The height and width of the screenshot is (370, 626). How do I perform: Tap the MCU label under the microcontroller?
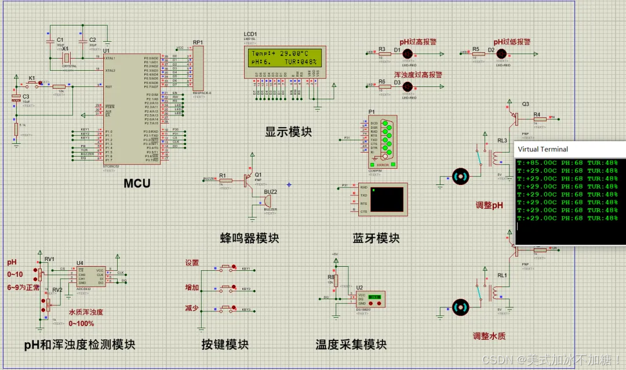(137, 184)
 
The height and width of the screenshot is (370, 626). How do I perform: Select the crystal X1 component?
(67, 58)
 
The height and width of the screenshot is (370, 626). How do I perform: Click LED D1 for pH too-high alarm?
(407, 53)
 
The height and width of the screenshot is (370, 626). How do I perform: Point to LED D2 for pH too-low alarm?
(500, 53)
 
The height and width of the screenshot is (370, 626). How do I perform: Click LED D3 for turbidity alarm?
(407, 86)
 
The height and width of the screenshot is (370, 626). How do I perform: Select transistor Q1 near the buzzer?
(250, 180)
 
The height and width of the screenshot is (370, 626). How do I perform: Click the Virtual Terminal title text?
(543, 149)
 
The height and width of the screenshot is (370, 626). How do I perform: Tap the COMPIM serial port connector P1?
(382, 140)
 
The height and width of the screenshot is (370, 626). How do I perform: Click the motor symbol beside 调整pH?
(461, 176)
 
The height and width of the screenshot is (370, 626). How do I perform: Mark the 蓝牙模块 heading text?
(376, 238)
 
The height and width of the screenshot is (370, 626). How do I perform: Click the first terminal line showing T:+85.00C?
(567, 163)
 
